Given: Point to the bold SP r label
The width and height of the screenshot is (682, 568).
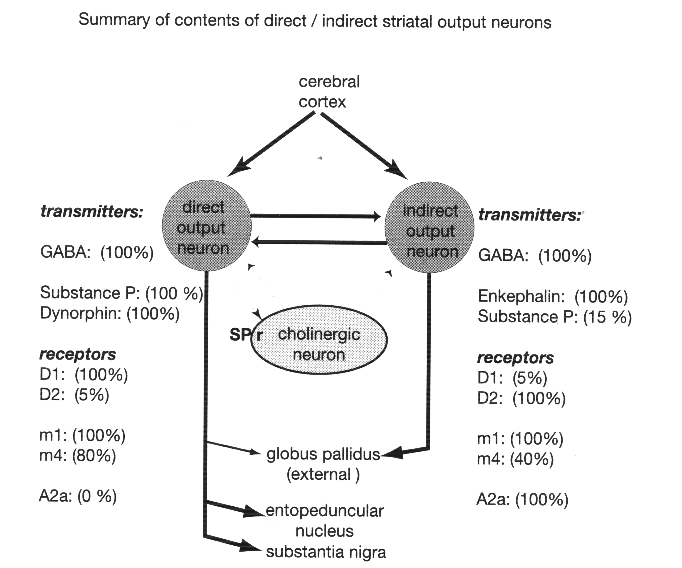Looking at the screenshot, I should point(246,335).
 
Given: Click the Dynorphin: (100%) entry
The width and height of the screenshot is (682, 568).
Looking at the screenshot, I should point(109,314).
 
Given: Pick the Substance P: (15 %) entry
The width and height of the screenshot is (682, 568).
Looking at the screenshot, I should point(554,317).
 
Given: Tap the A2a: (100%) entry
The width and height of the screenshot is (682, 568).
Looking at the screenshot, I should point(522,500).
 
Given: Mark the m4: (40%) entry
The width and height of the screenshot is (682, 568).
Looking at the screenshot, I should point(515,459).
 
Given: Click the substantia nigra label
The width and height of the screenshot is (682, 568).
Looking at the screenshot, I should point(326,552).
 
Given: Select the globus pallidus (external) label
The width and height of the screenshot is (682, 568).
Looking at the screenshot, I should point(323,464).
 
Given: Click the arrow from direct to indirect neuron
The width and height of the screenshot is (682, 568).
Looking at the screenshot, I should point(315,216).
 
